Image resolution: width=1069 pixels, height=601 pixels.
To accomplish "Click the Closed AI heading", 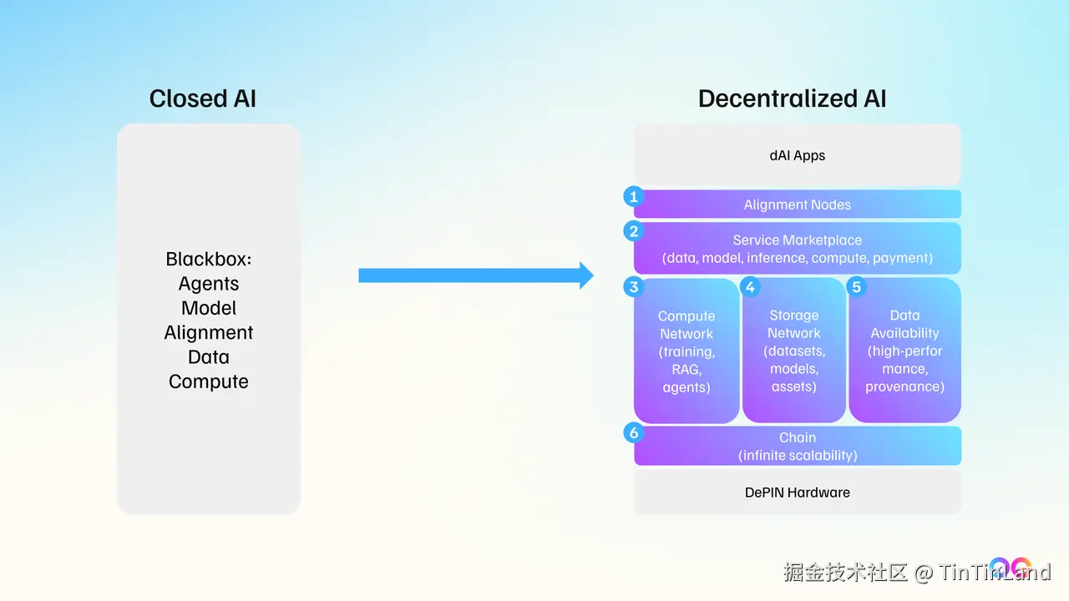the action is [x=202, y=98].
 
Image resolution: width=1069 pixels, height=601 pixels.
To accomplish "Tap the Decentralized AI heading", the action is [x=792, y=98].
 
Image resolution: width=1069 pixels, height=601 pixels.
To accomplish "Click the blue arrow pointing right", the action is [x=475, y=275].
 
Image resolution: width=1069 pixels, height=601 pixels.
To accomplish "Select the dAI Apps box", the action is [x=798, y=155].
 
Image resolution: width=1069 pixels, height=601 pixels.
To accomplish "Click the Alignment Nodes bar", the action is [x=798, y=205].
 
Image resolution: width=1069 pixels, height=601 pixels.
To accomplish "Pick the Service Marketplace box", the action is [x=798, y=249].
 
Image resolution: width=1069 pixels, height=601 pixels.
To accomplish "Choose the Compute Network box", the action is [x=686, y=351].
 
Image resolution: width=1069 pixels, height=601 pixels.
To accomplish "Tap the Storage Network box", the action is [x=793, y=351].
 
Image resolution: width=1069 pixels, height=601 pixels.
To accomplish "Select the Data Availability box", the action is [x=904, y=351].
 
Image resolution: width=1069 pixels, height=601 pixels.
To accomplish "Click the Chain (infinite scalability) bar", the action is [x=798, y=446].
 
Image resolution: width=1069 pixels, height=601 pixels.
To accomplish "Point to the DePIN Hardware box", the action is [x=798, y=492].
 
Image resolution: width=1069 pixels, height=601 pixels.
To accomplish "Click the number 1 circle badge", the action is [x=634, y=197].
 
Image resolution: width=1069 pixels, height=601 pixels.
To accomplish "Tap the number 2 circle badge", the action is [x=634, y=231].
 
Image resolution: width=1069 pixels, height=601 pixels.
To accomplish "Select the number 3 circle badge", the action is [x=634, y=287].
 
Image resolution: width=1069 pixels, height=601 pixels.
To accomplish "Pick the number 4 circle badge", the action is [x=750, y=287].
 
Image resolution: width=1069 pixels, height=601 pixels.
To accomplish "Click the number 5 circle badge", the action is [x=856, y=287].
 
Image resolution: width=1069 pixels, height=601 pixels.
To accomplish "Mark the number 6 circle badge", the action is [x=634, y=432].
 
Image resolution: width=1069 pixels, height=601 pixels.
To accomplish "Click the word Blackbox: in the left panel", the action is [x=209, y=260].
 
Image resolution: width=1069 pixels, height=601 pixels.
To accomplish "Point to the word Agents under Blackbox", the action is [x=209, y=284].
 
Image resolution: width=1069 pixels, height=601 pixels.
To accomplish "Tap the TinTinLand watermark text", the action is [x=994, y=573].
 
